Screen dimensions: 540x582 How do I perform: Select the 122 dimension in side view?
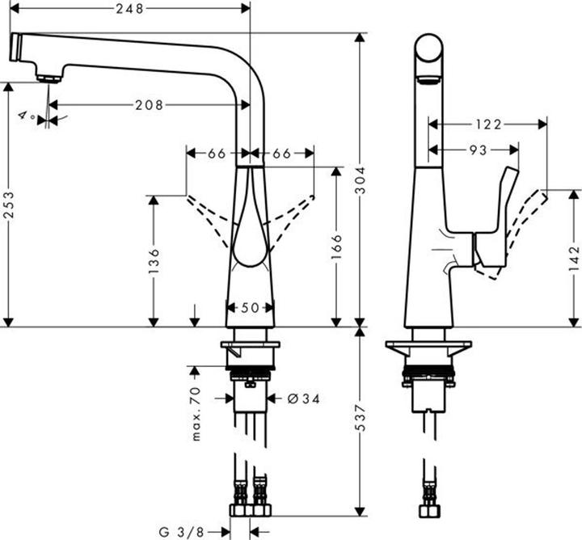pyautogui.click(x=487, y=124)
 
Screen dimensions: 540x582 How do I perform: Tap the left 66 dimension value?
pyautogui.click(x=217, y=152)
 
